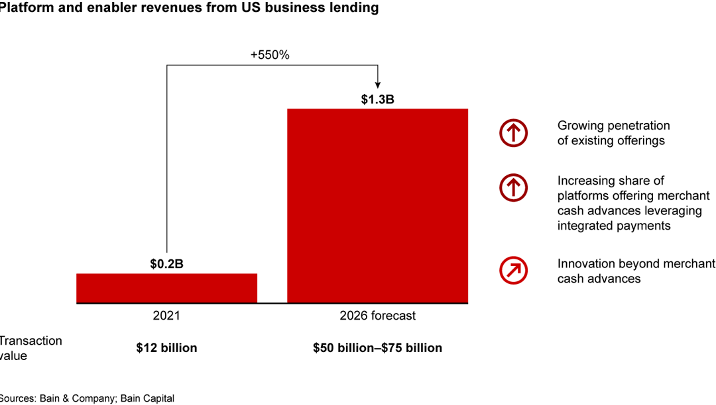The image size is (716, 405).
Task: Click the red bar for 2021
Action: tap(166, 288)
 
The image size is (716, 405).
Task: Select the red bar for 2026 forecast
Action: tap(377, 205)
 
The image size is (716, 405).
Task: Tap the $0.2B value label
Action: tap(166, 264)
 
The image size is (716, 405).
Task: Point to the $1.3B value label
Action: tap(377, 99)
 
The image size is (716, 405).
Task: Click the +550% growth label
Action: tap(270, 56)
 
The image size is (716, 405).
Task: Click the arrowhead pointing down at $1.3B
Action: tap(377, 85)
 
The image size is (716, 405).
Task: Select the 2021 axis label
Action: tap(166, 316)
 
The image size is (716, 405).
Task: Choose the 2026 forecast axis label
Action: tap(377, 316)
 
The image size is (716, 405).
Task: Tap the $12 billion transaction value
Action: tap(166, 347)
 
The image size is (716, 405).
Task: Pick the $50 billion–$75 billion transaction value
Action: tap(377, 347)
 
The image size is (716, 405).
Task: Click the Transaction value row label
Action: tap(30, 348)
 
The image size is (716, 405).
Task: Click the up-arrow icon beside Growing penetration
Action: tap(513, 134)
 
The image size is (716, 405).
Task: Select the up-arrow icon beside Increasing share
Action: tap(513, 188)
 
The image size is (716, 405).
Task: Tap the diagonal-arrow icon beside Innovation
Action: tap(513, 270)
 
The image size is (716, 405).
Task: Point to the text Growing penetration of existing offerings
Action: tap(613, 133)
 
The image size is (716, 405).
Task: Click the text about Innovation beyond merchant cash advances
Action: tap(636, 271)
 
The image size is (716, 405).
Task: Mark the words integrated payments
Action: tap(613, 226)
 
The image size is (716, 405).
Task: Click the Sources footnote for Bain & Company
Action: tap(86, 398)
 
